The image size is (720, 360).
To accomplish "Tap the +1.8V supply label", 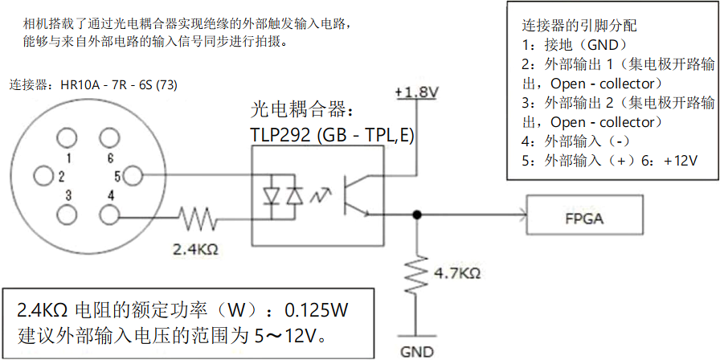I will tap(415, 92).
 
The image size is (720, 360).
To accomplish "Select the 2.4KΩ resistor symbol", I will tap(196, 216).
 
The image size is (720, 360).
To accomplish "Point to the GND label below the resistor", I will tap(416, 350).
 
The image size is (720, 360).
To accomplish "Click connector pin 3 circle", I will tap(68, 215).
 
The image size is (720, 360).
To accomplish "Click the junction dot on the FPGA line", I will tap(416, 214).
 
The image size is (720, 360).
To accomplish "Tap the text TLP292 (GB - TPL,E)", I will tap(332, 135).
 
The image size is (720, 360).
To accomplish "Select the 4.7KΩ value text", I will tap(456, 273).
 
